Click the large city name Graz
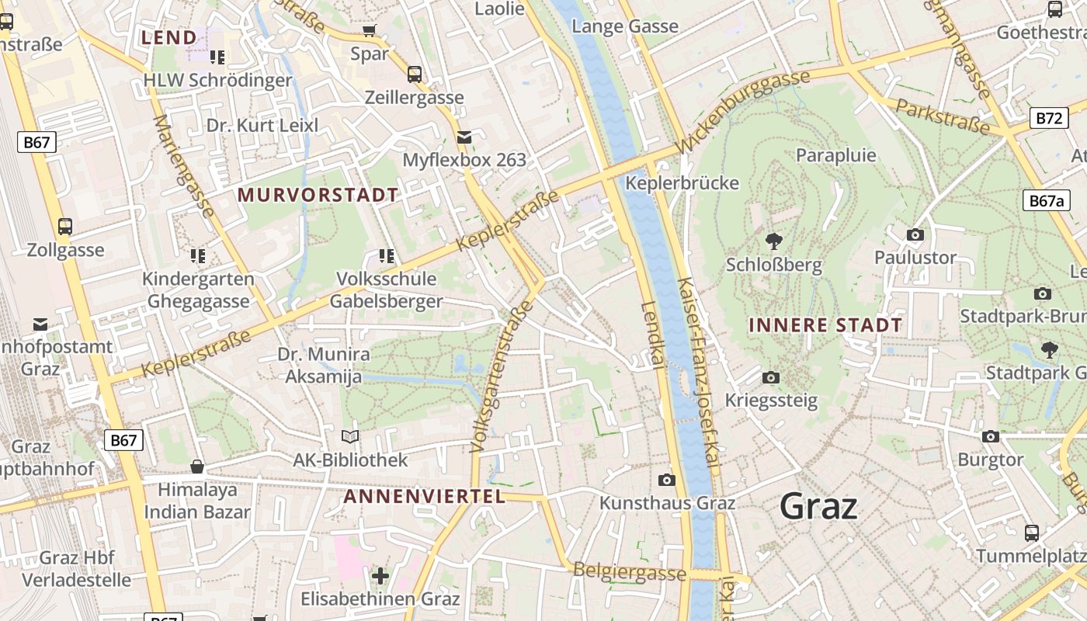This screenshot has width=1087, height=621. (x=818, y=507)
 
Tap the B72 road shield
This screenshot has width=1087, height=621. (x=1048, y=118)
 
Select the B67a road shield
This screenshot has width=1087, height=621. (x=1045, y=200)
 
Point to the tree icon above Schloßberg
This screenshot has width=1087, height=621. (x=773, y=241)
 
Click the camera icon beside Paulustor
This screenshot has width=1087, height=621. (x=915, y=234)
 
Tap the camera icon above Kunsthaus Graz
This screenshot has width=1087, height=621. (x=666, y=480)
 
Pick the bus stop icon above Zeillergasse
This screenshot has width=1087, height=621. (x=415, y=75)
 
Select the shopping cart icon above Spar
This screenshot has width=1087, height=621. (x=370, y=31)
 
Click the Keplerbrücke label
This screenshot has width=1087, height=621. (x=682, y=183)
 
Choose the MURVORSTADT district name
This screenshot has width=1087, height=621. (x=318, y=195)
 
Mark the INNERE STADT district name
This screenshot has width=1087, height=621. (x=825, y=325)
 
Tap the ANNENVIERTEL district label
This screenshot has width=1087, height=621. (x=424, y=497)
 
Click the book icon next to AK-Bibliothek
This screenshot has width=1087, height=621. (x=350, y=437)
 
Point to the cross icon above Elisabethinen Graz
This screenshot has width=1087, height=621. (x=380, y=576)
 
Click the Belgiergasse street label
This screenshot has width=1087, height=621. (x=630, y=573)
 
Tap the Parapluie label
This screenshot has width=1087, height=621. (x=836, y=155)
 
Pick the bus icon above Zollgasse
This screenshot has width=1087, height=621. (x=65, y=227)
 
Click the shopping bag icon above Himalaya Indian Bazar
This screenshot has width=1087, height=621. (x=197, y=467)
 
